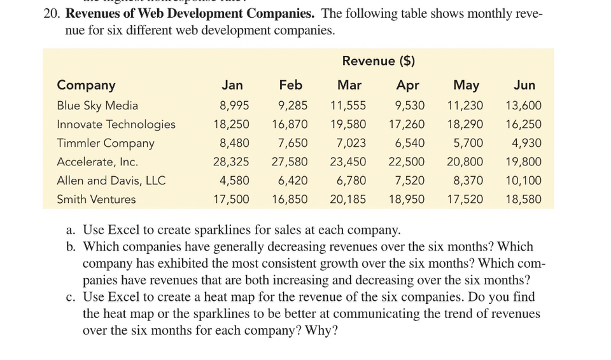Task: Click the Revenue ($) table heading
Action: [378, 61]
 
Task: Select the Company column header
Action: [86, 85]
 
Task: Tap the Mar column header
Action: [349, 85]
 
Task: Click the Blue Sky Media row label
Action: [97, 106]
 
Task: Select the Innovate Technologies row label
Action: [116, 124]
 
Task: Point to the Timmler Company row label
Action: [106, 143]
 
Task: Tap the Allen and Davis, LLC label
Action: [111, 181]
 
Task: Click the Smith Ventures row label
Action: [96, 199]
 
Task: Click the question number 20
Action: [52, 13]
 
